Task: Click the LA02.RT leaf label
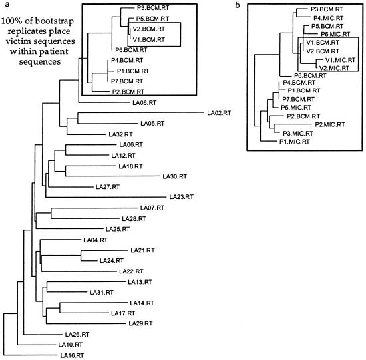[219, 113]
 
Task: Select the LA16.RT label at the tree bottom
[72, 355]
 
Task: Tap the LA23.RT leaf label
[182, 197]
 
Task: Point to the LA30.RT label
[175, 176]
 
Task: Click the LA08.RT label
[144, 102]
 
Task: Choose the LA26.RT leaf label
[77, 334]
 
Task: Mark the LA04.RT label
[95, 240]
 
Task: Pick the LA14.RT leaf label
[142, 303]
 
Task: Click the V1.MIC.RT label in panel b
[340, 60]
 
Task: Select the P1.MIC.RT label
[295, 142]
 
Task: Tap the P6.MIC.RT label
[335, 34]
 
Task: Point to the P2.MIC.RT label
[330, 124]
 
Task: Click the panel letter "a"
[7, 4]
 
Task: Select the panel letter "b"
[238, 5]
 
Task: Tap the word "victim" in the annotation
[17, 41]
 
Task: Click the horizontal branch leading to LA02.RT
[141, 113]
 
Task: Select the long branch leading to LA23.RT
[106, 197]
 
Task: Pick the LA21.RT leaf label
[142, 250]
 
